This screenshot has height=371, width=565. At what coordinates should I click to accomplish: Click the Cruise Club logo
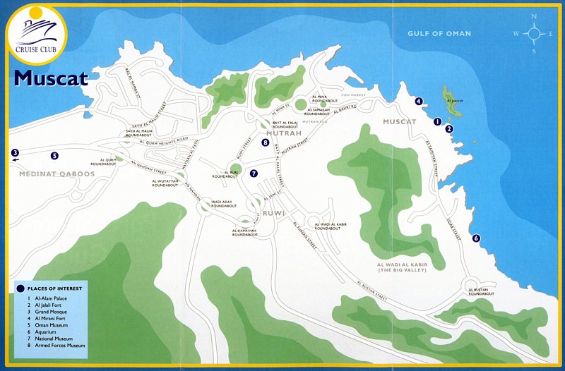click(x=35, y=34)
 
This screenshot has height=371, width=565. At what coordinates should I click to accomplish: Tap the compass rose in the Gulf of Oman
click(x=534, y=33)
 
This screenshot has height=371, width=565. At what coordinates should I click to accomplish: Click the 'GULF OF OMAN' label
click(x=439, y=34)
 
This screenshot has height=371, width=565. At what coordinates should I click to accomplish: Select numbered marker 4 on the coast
click(x=419, y=102)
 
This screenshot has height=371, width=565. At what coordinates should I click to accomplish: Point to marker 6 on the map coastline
click(x=476, y=238)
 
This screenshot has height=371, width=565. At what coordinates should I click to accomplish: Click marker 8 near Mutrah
click(x=265, y=142)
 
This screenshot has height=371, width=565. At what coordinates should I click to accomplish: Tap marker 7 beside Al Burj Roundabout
click(x=254, y=173)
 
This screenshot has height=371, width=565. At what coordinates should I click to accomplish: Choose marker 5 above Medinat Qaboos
click(x=54, y=156)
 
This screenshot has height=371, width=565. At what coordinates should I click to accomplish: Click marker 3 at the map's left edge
click(x=14, y=152)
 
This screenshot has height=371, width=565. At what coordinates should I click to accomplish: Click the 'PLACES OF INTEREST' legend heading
click(x=54, y=288)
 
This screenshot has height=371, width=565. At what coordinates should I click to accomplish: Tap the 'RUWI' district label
click(x=273, y=212)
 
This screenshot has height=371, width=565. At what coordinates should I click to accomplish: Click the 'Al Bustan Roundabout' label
click(x=477, y=291)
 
